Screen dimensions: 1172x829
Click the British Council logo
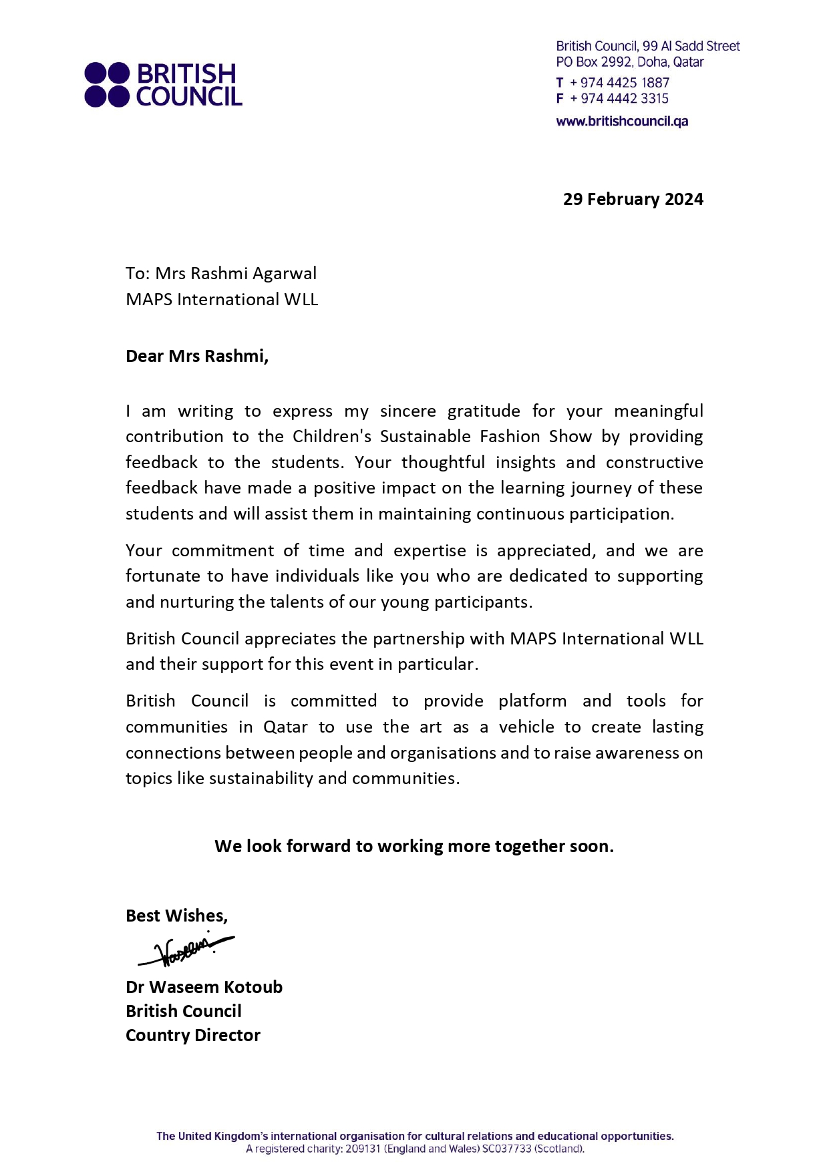click(x=163, y=85)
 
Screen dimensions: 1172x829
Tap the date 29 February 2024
click(x=633, y=199)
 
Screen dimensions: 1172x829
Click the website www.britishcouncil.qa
click(x=622, y=122)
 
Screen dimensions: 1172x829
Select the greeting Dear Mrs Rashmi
click(x=197, y=356)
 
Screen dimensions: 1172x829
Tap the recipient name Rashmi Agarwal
click(x=253, y=273)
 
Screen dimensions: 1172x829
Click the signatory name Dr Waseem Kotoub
click(x=204, y=987)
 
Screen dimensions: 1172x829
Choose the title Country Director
click(x=193, y=1035)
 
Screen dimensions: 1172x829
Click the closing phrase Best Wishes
click(x=176, y=916)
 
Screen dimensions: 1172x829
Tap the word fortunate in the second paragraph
click(x=160, y=576)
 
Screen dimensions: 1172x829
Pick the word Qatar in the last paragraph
click(x=285, y=727)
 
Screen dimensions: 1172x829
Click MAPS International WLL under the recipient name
click(x=222, y=299)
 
